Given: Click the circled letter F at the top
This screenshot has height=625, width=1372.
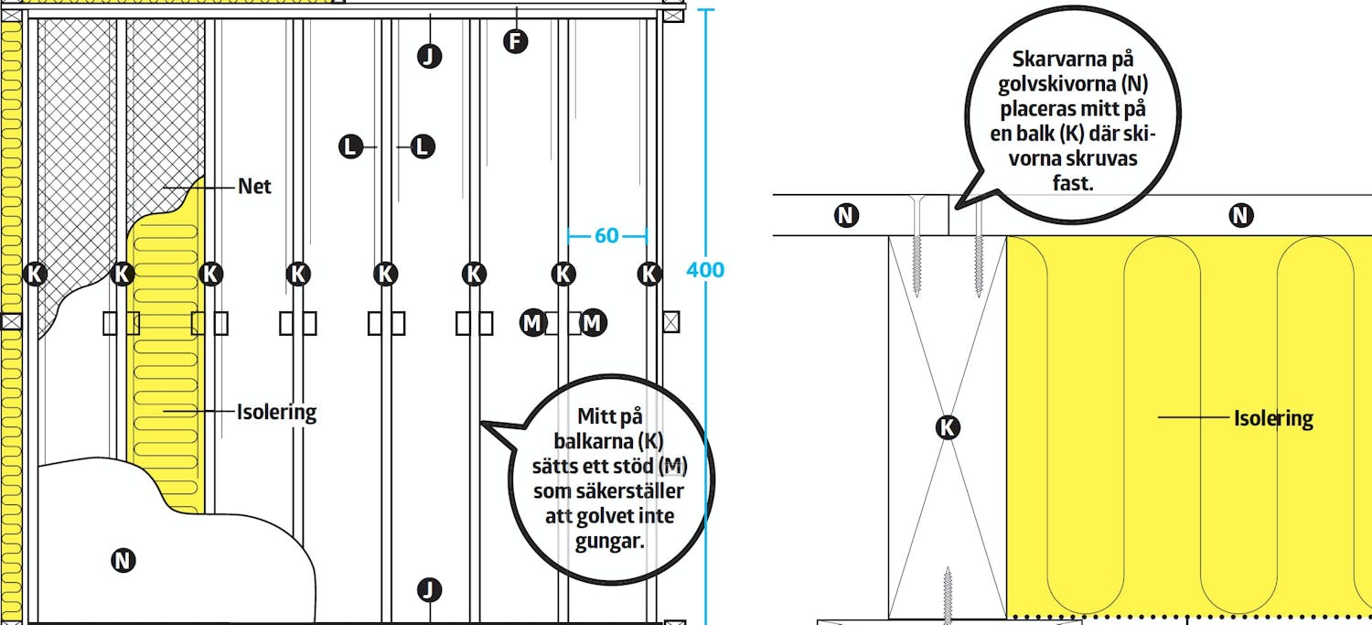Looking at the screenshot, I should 516,41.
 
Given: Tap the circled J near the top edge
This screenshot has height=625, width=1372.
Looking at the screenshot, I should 429,56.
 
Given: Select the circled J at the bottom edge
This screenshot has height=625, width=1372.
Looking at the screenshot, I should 429,589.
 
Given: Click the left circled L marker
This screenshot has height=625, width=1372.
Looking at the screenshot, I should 350,145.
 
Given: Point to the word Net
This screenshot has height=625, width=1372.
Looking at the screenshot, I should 254,187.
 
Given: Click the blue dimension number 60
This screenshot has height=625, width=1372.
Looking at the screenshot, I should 606,236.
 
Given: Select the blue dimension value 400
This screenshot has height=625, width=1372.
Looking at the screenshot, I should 705,270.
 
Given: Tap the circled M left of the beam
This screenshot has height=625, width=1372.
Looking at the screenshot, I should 532,322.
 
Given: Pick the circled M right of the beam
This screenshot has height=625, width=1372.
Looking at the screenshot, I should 593,322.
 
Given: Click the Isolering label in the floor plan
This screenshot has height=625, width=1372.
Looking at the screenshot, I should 276,412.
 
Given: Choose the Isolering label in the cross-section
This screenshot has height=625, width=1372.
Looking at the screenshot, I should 1273,418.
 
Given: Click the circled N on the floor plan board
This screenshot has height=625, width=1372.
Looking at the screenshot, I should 123,561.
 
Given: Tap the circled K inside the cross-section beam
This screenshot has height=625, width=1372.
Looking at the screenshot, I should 949,426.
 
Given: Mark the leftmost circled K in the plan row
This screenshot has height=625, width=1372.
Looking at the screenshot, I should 35,273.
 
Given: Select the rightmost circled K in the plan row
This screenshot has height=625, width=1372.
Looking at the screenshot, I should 649,273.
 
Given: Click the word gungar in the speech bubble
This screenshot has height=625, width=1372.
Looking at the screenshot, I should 610,540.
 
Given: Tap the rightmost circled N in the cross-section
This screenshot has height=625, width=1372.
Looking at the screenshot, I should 1240,216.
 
